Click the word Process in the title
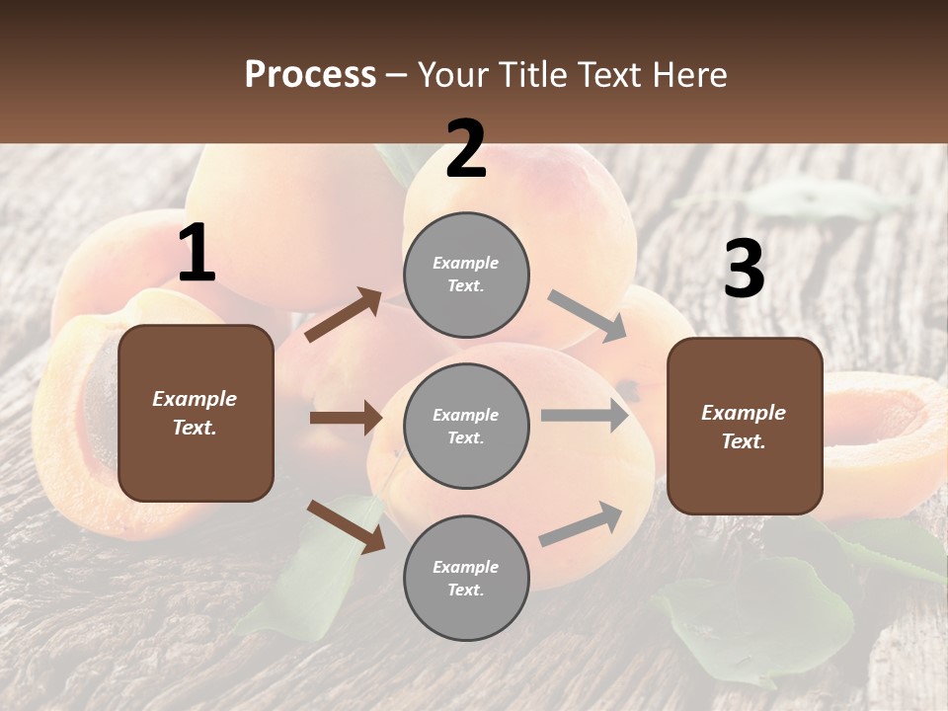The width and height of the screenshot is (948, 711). coord(310,75)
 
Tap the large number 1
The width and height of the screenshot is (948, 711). coord(197,254)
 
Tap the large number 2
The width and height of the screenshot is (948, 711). coord(466,150)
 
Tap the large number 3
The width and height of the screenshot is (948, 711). coord(744,270)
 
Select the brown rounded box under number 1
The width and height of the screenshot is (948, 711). coord(196,413)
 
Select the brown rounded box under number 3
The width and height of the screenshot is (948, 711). coord(745,426)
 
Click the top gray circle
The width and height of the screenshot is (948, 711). coord(466,275)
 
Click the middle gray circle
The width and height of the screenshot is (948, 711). coord(466,426)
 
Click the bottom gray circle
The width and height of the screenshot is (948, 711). coord(466,578)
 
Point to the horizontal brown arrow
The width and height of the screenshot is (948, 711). coord(346,418)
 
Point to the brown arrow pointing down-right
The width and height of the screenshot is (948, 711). coord(346,525)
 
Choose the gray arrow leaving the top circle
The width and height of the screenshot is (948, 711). coord(588,316)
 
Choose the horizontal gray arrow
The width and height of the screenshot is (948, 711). coord(585,416)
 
